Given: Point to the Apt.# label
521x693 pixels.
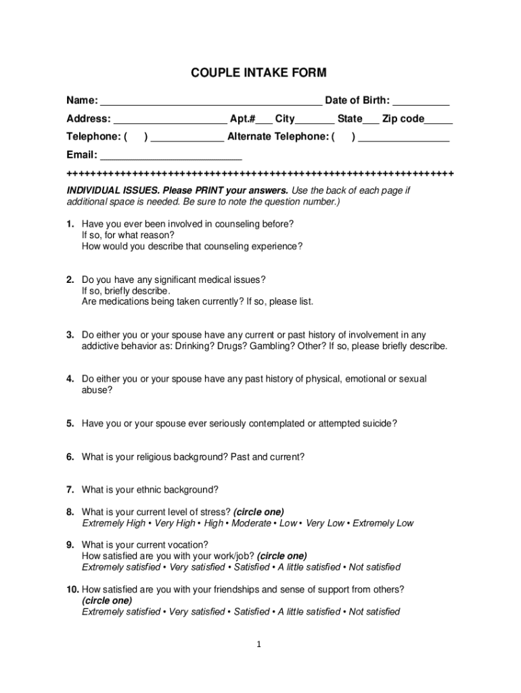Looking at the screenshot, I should pyautogui.click(x=242, y=119).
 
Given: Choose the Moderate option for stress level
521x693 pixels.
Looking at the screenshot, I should pyautogui.click(x=252, y=523).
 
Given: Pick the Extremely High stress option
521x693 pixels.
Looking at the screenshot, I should pyautogui.click(x=114, y=523).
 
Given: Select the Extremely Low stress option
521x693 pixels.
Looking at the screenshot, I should pyautogui.click(x=383, y=523).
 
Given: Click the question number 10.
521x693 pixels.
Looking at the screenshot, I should pyautogui.click(x=72, y=589).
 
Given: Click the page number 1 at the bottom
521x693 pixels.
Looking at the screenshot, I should pyautogui.click(x=260, y=645).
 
